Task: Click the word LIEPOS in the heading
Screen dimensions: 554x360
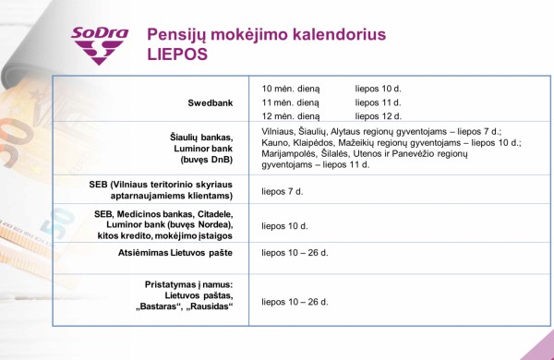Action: pos(178,54)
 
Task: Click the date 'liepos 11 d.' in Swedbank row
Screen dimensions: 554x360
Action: pos(379,102)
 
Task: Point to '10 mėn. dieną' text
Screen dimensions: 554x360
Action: pos(291,89)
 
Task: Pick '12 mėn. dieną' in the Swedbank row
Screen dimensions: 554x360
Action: pos(291,116)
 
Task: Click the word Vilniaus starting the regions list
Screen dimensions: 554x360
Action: pos(283,131)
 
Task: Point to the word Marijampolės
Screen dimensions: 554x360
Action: pos(291,153)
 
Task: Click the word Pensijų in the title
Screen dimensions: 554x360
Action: pos(178,33)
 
